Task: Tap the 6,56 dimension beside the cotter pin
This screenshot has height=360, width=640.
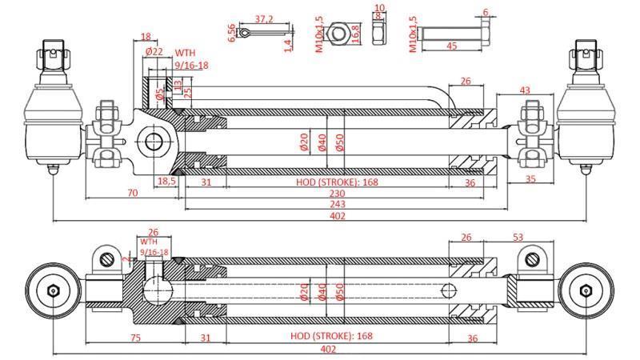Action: point(232,32)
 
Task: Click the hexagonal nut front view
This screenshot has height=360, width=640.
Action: point(338,33)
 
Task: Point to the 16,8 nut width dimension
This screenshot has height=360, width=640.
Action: point(355,33)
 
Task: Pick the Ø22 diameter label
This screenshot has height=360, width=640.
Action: point(154,51)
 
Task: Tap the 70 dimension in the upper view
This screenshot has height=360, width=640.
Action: point(132,193)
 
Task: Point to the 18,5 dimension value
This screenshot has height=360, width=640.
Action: point(166,182)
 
